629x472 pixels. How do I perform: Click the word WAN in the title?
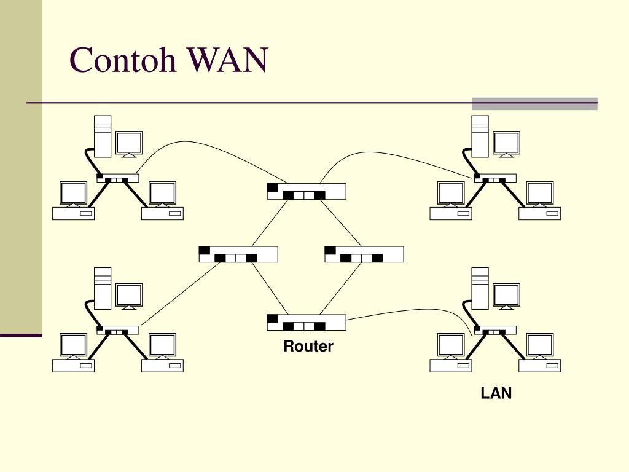coord(228,61)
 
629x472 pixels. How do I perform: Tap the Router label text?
coord(308,347)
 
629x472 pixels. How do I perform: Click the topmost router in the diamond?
coord(307,192)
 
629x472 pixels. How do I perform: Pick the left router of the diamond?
coord(238,254)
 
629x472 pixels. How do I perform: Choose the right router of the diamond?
coord(364,254)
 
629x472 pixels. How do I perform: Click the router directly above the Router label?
coord(307,322)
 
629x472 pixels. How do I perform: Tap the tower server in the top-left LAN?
coord(103,135)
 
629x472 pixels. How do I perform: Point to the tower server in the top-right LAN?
coord(480,135)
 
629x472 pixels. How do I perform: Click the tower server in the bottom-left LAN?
coord(103,288)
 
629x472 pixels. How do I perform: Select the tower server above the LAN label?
coord(480,288)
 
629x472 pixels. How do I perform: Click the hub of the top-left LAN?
coord(117,178)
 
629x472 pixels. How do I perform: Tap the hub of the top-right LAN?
coord(495,178)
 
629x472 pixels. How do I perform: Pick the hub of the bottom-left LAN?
coord(117,330)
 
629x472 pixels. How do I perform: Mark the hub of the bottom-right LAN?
coord(495,330)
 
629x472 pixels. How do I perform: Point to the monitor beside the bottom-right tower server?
coord(507,296)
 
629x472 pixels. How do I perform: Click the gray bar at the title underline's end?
coord(534,104)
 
